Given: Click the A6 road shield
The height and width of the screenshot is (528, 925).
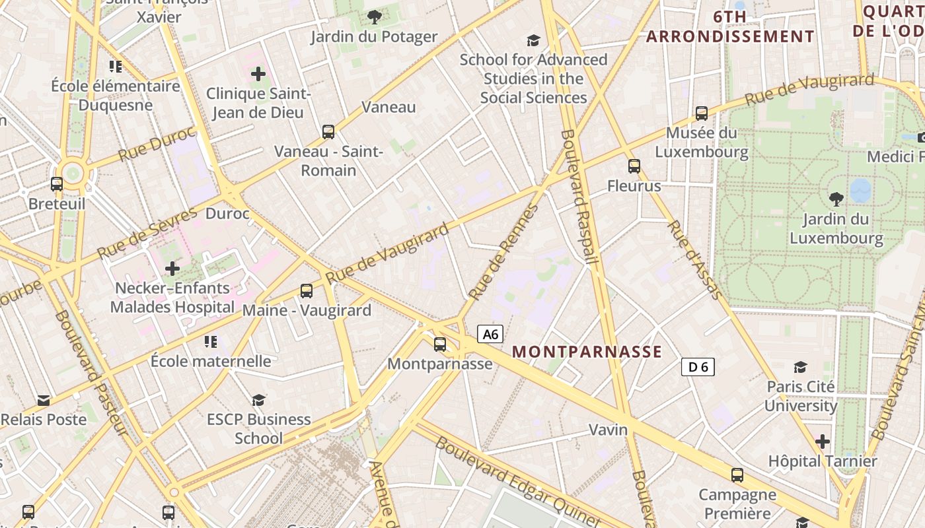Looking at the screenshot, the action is (490, 334).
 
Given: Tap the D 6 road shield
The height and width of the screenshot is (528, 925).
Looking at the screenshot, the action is (698, 367).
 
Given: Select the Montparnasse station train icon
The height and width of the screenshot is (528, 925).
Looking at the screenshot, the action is (440, 345).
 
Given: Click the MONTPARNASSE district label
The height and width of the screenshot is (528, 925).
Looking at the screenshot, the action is (587, 352).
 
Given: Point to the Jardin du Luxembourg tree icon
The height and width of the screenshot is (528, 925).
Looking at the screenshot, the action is (836, 199).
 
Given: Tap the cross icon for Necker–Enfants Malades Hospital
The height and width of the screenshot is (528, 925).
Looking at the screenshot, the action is (172, 269).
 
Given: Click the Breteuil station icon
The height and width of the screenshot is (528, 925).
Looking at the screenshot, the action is (57, 184).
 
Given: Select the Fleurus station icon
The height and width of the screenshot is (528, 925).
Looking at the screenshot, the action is (634, 166).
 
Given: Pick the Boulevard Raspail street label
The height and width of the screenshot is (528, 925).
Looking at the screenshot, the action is (579, 197).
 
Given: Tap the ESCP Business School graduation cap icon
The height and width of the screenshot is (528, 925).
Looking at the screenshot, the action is (258, 400).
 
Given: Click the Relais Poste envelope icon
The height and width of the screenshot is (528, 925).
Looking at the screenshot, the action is (44, 400).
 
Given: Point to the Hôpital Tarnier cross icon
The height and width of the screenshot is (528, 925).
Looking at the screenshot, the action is (823, 441).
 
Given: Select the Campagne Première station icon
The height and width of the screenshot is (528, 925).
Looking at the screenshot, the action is (737, 475).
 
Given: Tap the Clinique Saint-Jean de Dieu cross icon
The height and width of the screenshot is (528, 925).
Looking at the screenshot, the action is (258, 74).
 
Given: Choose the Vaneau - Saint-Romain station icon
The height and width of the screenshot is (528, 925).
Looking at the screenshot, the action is (328, 132).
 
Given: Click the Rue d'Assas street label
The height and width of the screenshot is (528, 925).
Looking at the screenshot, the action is (694, 260).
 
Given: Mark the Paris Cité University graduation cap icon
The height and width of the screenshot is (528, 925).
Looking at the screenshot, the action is (801, 367).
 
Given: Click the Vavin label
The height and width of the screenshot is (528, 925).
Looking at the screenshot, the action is (608, 430).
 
